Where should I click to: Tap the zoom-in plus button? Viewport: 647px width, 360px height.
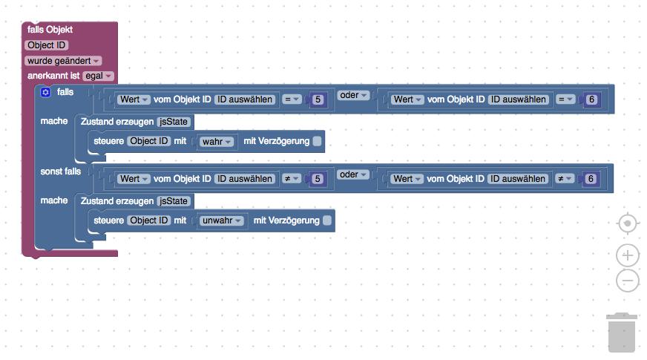627,255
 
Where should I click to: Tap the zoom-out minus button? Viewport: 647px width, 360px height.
627,281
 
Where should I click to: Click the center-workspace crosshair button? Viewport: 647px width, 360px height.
627,223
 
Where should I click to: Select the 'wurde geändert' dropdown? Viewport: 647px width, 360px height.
63,60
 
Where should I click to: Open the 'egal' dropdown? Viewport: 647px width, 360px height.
98,76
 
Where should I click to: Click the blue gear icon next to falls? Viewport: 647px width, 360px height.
45,92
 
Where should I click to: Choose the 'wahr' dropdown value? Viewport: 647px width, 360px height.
217,141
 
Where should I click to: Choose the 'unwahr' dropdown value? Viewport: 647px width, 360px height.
222,220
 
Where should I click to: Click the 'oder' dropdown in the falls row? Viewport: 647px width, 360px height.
353,95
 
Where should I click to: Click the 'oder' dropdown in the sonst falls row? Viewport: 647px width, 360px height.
353,174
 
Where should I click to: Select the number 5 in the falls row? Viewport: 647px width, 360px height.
318,99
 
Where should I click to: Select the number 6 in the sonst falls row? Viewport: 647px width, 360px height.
591,179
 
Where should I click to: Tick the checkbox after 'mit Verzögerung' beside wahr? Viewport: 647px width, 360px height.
317,141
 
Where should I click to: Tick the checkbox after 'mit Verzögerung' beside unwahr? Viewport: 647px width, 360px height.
327,220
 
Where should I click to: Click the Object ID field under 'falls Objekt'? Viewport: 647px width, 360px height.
47,45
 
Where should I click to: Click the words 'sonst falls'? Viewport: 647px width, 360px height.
60,171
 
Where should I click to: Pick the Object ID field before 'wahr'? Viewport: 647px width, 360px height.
149,141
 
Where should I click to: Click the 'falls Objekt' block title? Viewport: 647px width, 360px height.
50,30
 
